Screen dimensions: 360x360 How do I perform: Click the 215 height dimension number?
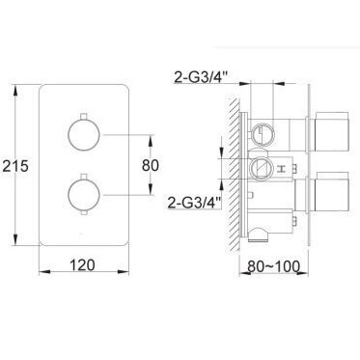[15, 166]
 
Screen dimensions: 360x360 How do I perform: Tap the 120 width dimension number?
[82, 265]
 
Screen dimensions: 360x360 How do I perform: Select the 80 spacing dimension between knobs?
[151, 165]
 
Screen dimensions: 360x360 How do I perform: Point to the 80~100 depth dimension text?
[273, 266]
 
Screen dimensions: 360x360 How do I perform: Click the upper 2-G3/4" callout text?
[201, 77]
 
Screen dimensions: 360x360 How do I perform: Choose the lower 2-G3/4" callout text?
[195, 203]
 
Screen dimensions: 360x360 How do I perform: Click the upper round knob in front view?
[84, 135]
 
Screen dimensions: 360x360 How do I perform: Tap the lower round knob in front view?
[84, 195]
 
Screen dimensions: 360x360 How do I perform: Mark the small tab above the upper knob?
[84, 116]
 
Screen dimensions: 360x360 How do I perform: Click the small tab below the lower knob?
[84, 213]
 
